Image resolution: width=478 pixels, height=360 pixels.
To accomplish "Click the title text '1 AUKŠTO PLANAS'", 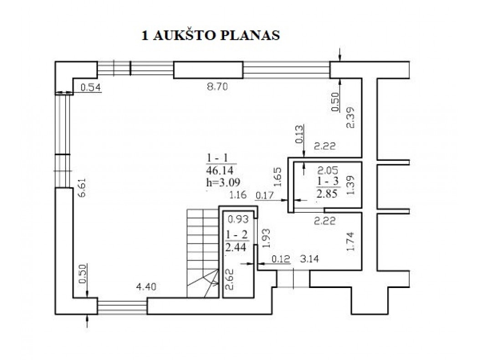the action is click(211, 36).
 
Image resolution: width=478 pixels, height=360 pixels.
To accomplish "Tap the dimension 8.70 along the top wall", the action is click(217, 87).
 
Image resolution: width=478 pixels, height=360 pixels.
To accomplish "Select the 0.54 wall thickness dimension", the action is click(91, 88).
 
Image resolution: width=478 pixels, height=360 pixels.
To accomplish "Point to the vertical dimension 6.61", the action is click(82, 188).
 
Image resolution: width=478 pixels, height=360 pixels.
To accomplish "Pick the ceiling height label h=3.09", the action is click(223, 182).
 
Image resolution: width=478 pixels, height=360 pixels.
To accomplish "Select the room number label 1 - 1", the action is click(217, 158).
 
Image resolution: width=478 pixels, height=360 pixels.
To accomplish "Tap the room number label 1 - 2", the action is click(237, 235).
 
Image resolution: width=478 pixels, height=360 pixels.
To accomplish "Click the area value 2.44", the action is click(236, 247).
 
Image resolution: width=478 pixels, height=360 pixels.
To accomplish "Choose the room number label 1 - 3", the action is click(328, 181).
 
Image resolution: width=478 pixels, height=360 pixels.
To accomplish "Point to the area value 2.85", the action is click(327, 194).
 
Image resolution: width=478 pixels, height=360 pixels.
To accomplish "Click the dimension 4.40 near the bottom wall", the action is click(146, 287).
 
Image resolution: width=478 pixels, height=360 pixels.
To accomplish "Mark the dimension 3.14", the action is click(309, 259).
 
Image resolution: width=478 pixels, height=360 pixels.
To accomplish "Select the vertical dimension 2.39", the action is click(350, 118).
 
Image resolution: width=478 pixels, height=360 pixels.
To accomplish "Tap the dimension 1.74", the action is click(350, 242).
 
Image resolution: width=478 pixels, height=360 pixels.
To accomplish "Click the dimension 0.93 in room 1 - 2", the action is click(238, 219).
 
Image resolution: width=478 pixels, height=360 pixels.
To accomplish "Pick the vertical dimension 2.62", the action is click(229, 279).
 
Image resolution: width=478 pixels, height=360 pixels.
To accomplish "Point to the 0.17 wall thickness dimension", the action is click(265, 195).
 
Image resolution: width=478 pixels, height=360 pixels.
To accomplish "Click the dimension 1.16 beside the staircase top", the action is click(238, 195).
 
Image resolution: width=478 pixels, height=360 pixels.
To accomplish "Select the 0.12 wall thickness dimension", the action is click(281, 259).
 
